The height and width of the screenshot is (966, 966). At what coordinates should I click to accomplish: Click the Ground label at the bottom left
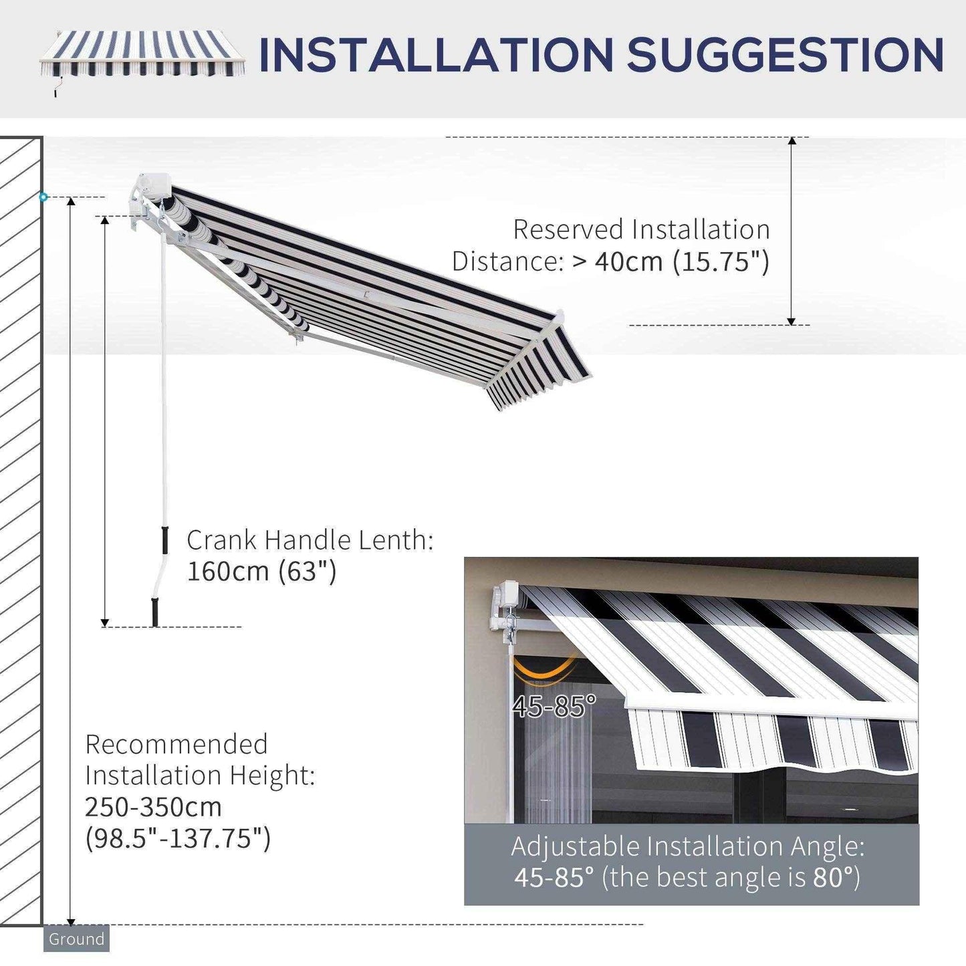[76, 939]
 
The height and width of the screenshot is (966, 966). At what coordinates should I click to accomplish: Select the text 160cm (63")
[261, 572]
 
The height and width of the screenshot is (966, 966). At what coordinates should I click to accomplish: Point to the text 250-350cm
[153, 807]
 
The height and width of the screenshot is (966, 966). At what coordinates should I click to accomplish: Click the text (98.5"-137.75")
[178, 838]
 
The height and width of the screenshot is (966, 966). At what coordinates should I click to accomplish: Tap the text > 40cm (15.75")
[671, 261]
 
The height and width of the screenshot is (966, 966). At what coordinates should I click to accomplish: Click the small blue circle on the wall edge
[43, 197]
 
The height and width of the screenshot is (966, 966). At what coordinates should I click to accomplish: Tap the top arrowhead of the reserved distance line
[792, 141]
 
